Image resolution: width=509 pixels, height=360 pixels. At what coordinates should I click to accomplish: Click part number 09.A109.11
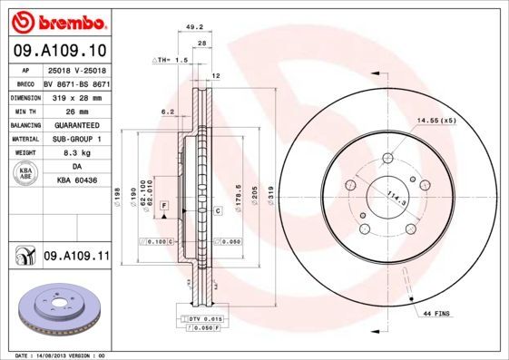pyautogui.click(x=76, y=257)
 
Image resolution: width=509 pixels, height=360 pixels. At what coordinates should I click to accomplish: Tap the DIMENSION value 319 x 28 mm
pyautogui.click(x=76, y=95)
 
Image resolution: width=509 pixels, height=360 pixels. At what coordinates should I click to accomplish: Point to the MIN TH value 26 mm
pyautogui.click(x=76, y=110)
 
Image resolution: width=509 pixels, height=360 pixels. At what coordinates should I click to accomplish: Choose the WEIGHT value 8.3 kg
pyautogui.click(x=76, y=153)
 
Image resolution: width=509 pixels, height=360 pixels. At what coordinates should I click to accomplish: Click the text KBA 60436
pyautogui.click(x=76, y=182)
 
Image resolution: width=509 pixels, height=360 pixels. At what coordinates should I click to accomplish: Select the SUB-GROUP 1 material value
pyautogui.click(x=76, y=139)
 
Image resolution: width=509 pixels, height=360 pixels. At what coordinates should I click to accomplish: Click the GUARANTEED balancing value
pyautogui.click(x=76, y=124)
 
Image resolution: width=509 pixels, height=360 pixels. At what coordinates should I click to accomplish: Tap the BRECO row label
pyautogui.click(x=26, y=81)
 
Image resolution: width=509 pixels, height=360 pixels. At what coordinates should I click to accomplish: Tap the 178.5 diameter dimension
pyautogui.click(x=238, y=199)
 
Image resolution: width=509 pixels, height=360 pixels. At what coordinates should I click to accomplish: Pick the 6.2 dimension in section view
pyautogui.click(x=167, y=112)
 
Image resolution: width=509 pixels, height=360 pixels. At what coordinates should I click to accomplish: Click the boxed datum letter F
pyautogui.click(x=163, y=208)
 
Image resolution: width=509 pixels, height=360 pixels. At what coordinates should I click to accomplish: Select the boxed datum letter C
pyautogui.click(x=219, y=210)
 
